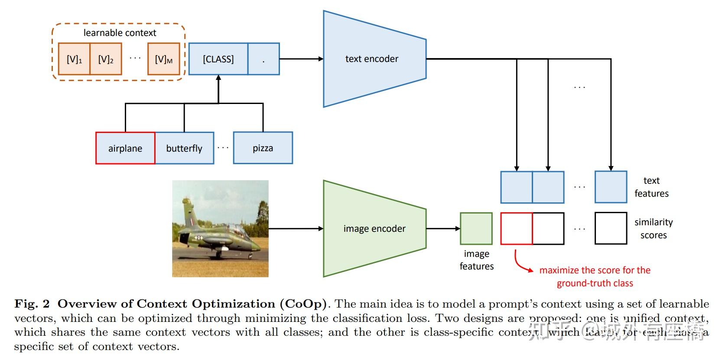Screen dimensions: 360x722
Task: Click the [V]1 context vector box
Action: point(74,59)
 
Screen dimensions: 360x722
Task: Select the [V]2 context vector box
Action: point(106,59)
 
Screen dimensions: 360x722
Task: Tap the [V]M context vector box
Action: point(163,59)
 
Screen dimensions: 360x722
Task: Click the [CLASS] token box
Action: point(218,59)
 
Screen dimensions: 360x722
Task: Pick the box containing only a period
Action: point(263,59)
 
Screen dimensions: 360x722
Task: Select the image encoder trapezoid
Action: point(374,228)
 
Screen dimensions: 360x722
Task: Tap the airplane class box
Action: point(125,148)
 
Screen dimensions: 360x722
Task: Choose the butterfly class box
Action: point(184,148)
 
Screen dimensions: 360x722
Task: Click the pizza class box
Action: point(263,148)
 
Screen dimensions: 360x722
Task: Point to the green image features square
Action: point(476,228)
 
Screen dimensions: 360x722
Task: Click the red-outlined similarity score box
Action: point(516,228)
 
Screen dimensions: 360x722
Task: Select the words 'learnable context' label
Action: point(120,33)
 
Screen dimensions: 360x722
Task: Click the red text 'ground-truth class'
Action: point(595,283)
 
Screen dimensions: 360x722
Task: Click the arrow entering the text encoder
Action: point(303,59)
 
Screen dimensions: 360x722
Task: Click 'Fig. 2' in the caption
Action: point(32,304)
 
